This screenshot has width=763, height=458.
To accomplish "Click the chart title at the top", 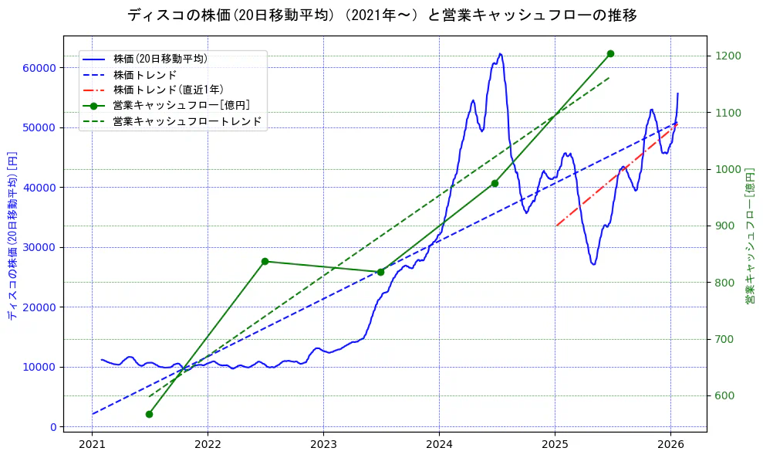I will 381,15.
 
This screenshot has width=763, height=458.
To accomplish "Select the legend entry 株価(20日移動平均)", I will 160,59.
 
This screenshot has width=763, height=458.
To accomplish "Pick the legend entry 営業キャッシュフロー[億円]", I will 181,105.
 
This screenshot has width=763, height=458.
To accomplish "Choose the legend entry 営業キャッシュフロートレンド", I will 187,121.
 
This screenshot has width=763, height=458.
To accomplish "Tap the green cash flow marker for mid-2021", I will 149,414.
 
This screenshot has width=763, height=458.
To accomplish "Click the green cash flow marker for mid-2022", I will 265,261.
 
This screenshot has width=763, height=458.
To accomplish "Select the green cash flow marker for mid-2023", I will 380,272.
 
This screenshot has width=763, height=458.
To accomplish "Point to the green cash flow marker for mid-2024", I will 495,183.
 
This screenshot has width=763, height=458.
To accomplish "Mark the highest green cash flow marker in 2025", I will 610,53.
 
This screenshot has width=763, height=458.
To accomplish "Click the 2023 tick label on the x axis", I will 323,445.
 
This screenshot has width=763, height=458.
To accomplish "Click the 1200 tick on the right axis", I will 727,56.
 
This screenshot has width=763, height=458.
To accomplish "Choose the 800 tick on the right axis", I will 724,283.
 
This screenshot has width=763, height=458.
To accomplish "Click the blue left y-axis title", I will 12,236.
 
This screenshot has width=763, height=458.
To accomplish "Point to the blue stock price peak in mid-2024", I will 500,54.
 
